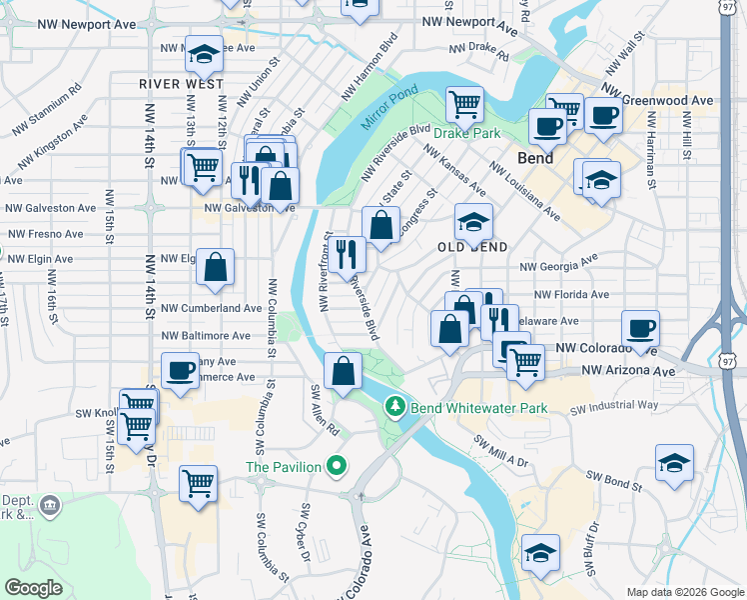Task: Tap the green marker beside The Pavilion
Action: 338,466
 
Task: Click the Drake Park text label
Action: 465,133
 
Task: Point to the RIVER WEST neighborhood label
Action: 181,84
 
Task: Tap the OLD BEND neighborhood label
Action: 474,247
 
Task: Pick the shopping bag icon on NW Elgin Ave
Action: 216,267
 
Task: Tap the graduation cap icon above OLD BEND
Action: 474,220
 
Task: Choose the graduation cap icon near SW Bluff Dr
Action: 540,552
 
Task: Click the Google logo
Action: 34,588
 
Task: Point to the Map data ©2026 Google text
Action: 683,591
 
